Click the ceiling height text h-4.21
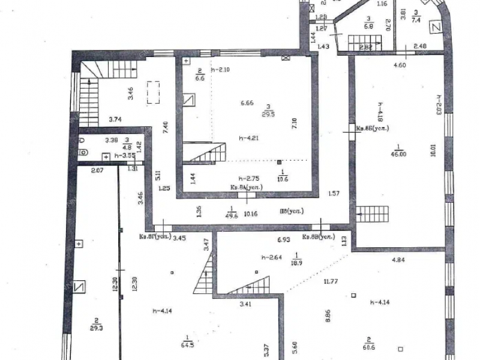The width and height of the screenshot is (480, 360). point(248,137)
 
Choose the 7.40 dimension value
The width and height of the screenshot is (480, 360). point(166,128)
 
